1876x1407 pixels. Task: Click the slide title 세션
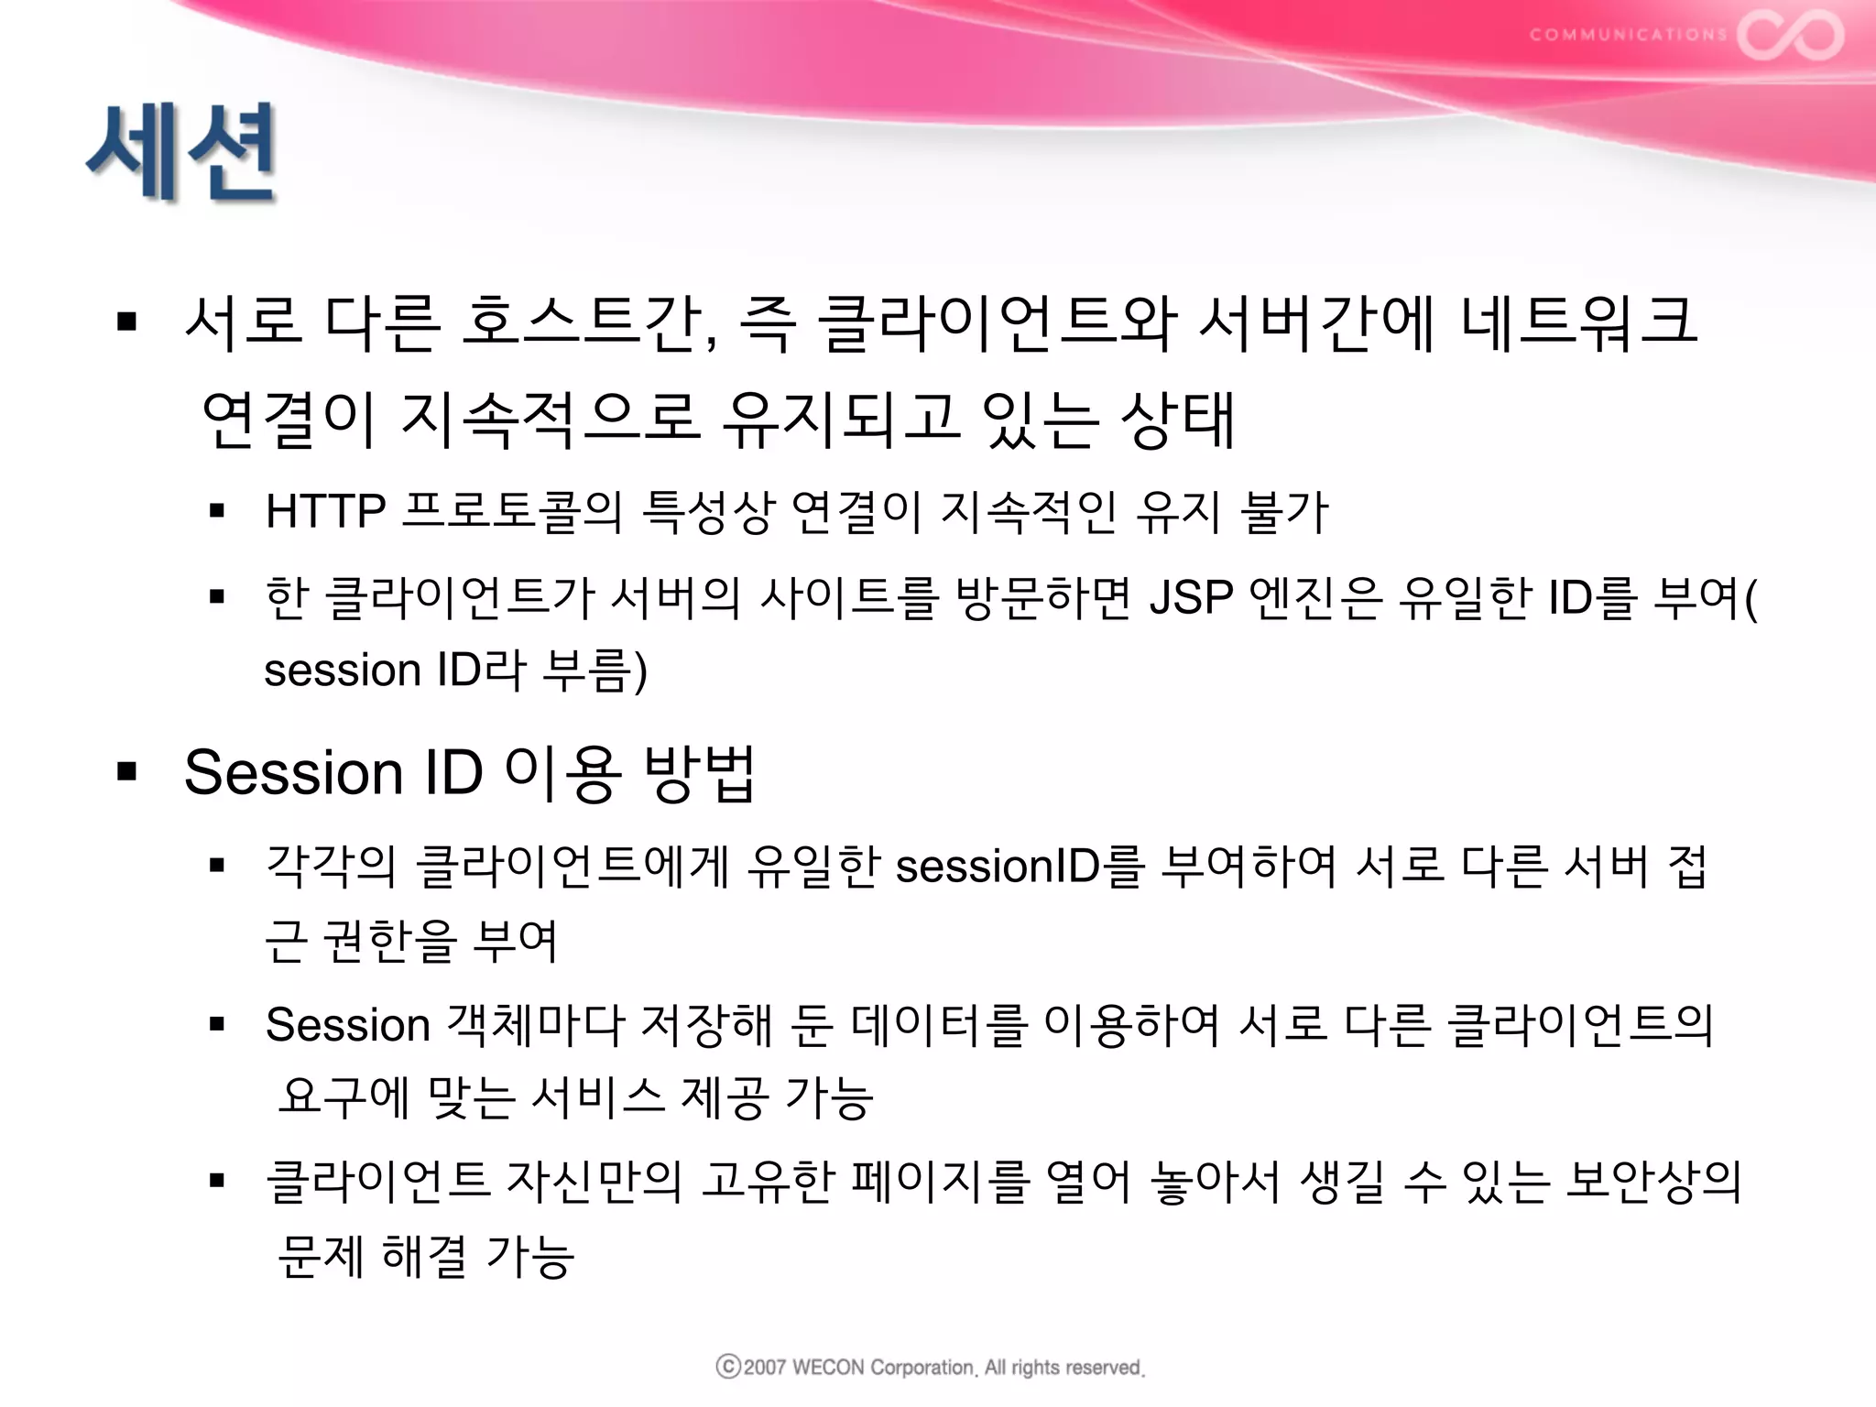181,152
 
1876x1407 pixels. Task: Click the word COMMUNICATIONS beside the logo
1628,36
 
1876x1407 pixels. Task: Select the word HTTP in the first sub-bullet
325,511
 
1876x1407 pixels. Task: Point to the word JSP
1191,597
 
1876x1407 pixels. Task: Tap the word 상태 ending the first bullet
1179,420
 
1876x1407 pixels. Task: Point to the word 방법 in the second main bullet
700,773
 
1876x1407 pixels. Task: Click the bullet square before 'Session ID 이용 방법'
127,772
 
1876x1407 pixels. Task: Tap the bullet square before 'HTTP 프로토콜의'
217,511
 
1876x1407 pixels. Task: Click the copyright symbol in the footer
728,1367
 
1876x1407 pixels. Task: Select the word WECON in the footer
827,1368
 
